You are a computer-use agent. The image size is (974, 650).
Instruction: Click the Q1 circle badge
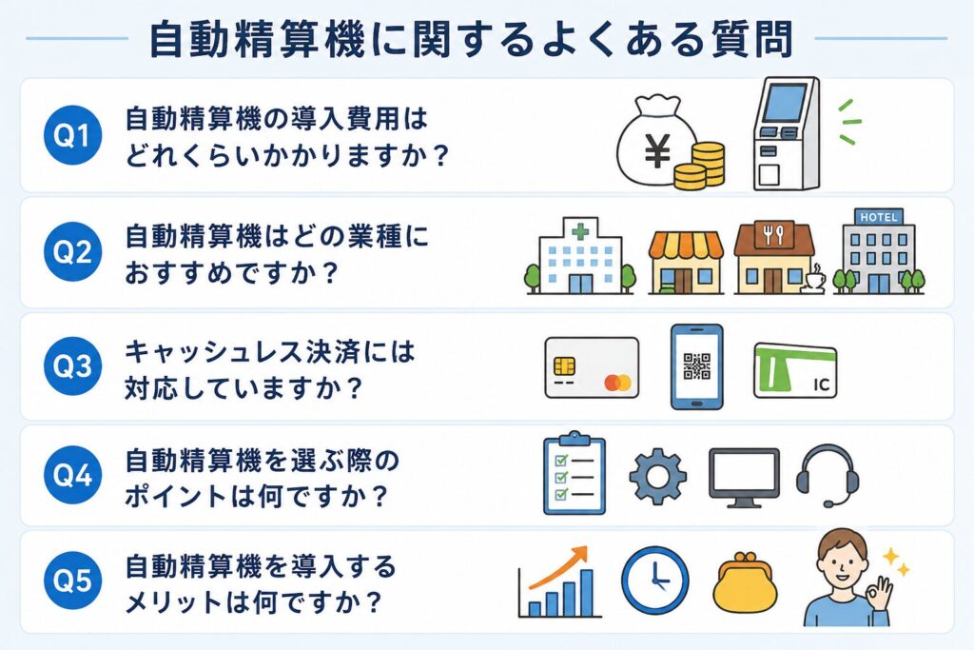pyautogui.click(x=72, y=135)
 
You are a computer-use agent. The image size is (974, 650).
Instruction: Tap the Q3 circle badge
pyautogui.click(x=72, y=366)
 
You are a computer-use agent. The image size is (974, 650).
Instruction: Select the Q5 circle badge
pyautogui.click(x=72, y=581)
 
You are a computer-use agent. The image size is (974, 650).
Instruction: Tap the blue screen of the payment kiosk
pyautogui.click(x=784, y=103)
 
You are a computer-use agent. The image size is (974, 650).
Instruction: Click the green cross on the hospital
pyautogui.click(x=580, y=232)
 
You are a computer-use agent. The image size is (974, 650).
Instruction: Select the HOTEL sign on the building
pyautogui.click(x=878, y=217)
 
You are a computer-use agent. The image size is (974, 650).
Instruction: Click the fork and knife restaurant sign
pyautogui.click(x=773, y=235)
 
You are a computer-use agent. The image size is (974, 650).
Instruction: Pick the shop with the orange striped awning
pyautogui.click(x=686, y=263)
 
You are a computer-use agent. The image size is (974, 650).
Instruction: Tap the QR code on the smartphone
pyautogui.click(x=697, y=366)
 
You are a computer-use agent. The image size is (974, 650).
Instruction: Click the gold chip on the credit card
pyautogui.click(x=564, y=365)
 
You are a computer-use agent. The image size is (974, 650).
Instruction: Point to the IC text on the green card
pyautogui.click(x=821, y=385)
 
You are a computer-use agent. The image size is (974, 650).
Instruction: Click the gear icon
pyautogui.click(x=658, y=477)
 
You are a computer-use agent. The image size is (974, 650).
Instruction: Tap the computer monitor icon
pyautogui.click(x=744, y=478)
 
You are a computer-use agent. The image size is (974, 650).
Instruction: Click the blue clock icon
pyautogui.click(x=655, y=581)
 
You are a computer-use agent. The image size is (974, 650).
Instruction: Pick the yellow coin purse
pyautogui.click(x=744, y=582)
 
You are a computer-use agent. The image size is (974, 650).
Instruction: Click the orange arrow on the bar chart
pyautogui.click(x=558, y=567)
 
